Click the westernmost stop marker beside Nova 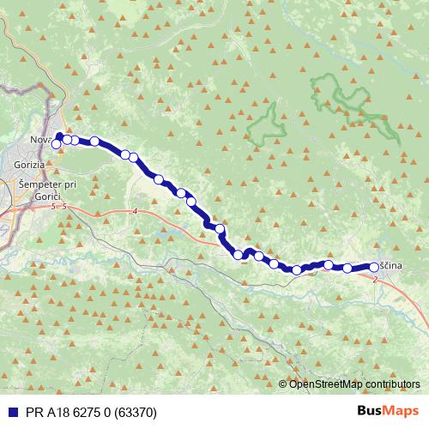click(57, 144)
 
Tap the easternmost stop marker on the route click(374, 266)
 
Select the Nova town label click(40, 140)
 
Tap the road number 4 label click(135, 211)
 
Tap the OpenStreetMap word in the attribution click(323, 384)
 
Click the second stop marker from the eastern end click(347, 268)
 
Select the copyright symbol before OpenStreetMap click(284, 384)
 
